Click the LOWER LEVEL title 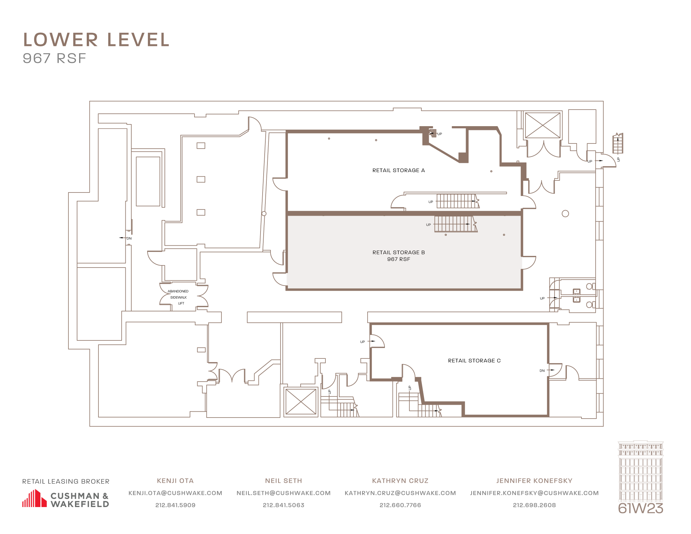96,40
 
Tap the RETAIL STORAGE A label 398,170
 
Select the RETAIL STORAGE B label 398,253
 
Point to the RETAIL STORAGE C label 474,361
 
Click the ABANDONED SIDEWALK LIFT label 179,297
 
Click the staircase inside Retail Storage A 457,201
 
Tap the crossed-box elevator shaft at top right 542,125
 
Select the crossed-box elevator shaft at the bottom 301,402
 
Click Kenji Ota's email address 175,493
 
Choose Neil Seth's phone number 283,505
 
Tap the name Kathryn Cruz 400,481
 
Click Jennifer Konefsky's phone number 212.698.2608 534,505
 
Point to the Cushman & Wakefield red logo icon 34,499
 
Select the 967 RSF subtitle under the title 54,58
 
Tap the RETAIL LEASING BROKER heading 66,481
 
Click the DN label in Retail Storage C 542,371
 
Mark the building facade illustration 640,471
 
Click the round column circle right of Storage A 565,214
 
